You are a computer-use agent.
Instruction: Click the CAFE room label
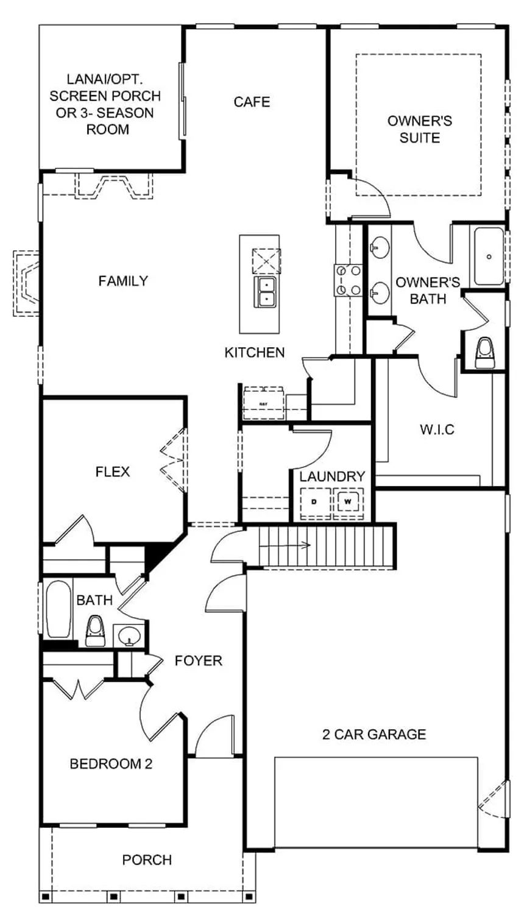(x=252, y=102)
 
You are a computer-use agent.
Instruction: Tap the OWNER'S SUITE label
(x=419, y=129)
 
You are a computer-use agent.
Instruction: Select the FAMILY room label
(x=123, y=281)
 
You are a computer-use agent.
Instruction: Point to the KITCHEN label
(x=254, y=352)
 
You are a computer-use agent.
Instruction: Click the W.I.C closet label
(x=437, y=429)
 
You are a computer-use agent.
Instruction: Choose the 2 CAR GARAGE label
(x=374, y=734)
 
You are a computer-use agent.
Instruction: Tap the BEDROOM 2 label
(x=111, y=763)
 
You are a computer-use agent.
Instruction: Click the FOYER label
(x=198, y=660)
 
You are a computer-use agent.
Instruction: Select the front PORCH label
(x=147, y=860)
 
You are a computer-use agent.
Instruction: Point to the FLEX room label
(x=113, y=472)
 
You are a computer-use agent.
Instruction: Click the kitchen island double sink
(x=266, y=292)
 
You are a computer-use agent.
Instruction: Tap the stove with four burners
(x=347, y=280)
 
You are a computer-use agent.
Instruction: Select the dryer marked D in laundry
(x=314, y=502)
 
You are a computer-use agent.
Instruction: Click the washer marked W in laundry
(x=348, y=502)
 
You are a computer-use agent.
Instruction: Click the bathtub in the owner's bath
(x=489, y=256)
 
